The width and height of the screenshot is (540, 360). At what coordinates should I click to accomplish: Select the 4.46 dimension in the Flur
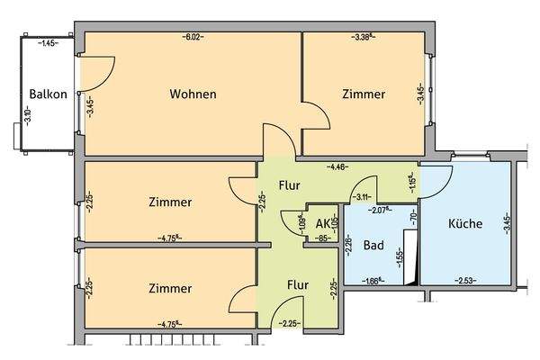pos(338,166)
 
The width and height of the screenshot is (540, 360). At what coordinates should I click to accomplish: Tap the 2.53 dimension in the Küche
pos(466,280)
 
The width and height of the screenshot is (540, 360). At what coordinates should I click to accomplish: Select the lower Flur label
pos(298,285)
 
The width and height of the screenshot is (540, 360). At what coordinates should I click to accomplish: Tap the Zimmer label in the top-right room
pos(364,94)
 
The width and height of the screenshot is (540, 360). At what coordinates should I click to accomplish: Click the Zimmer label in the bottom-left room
pos(170,288)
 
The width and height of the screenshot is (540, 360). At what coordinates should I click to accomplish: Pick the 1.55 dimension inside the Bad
pos(400,256)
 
